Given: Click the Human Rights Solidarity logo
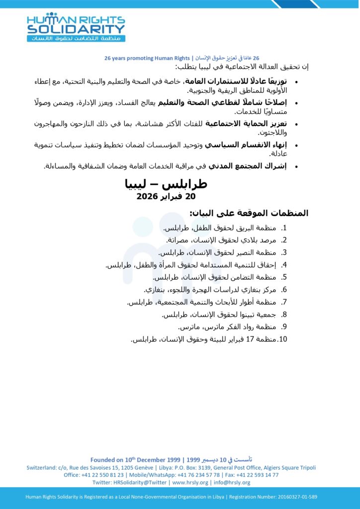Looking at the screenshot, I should click(x=76, y=27).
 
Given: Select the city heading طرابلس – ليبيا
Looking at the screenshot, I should click(x=166, y=184).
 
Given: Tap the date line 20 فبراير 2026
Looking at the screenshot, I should click(x=166, y=196).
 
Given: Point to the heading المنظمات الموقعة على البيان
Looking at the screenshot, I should click(x=249, y=213).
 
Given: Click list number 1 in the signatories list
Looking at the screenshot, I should click(x=284, y=228).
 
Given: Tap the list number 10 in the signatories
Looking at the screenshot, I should click(x=283, y=339).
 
